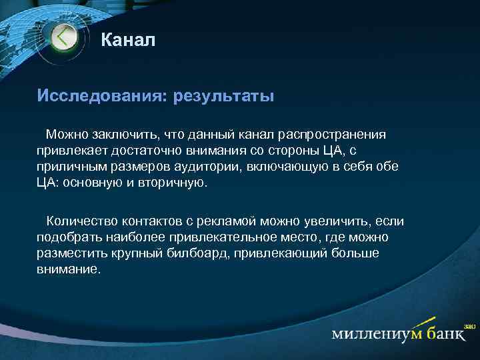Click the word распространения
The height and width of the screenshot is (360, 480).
(331, 135)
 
